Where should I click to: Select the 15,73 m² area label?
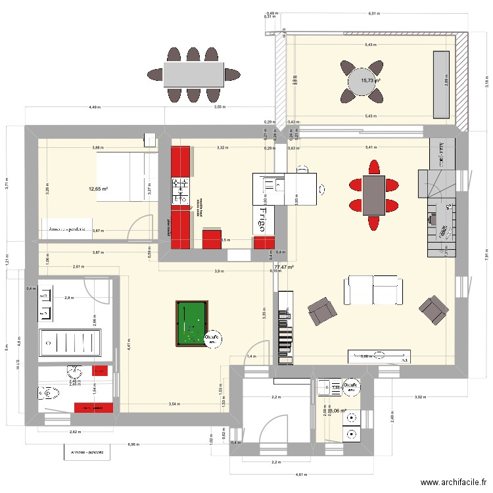pos(371,80)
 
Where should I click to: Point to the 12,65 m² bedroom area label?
pos(98,189)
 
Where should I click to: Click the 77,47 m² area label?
pos(284,268)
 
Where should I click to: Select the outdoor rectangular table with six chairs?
pos(193,74)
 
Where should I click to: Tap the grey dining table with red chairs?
pos(373,195)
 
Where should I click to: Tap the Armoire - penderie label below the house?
pos(87,454)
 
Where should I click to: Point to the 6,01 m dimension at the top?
pos(374,13)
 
